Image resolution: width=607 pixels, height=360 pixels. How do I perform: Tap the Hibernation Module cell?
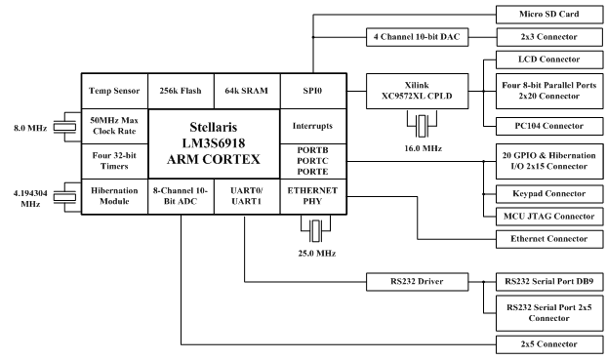[x=110, y=195]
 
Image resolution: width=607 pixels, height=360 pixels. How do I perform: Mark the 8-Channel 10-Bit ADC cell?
[x=178, y=195]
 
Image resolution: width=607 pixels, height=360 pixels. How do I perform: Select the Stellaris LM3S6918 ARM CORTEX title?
[x=212, y=142]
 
